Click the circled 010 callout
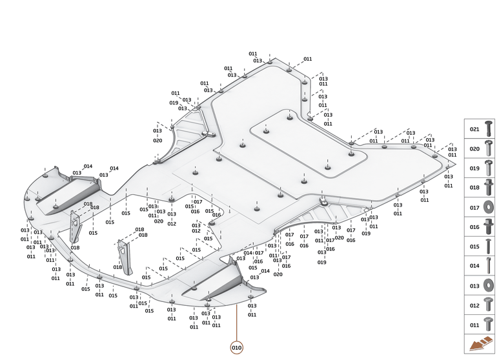point(237,348)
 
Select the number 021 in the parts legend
point(474,129)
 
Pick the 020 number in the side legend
point(474,148)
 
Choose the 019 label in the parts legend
point(474,168)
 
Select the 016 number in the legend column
point(474,227)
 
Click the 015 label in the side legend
point(474,246)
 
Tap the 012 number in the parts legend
point(474,305)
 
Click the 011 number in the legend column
point(474,325)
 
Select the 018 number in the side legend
point(474,188)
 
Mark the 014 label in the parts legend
point(474,266)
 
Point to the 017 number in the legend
point(474,207)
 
